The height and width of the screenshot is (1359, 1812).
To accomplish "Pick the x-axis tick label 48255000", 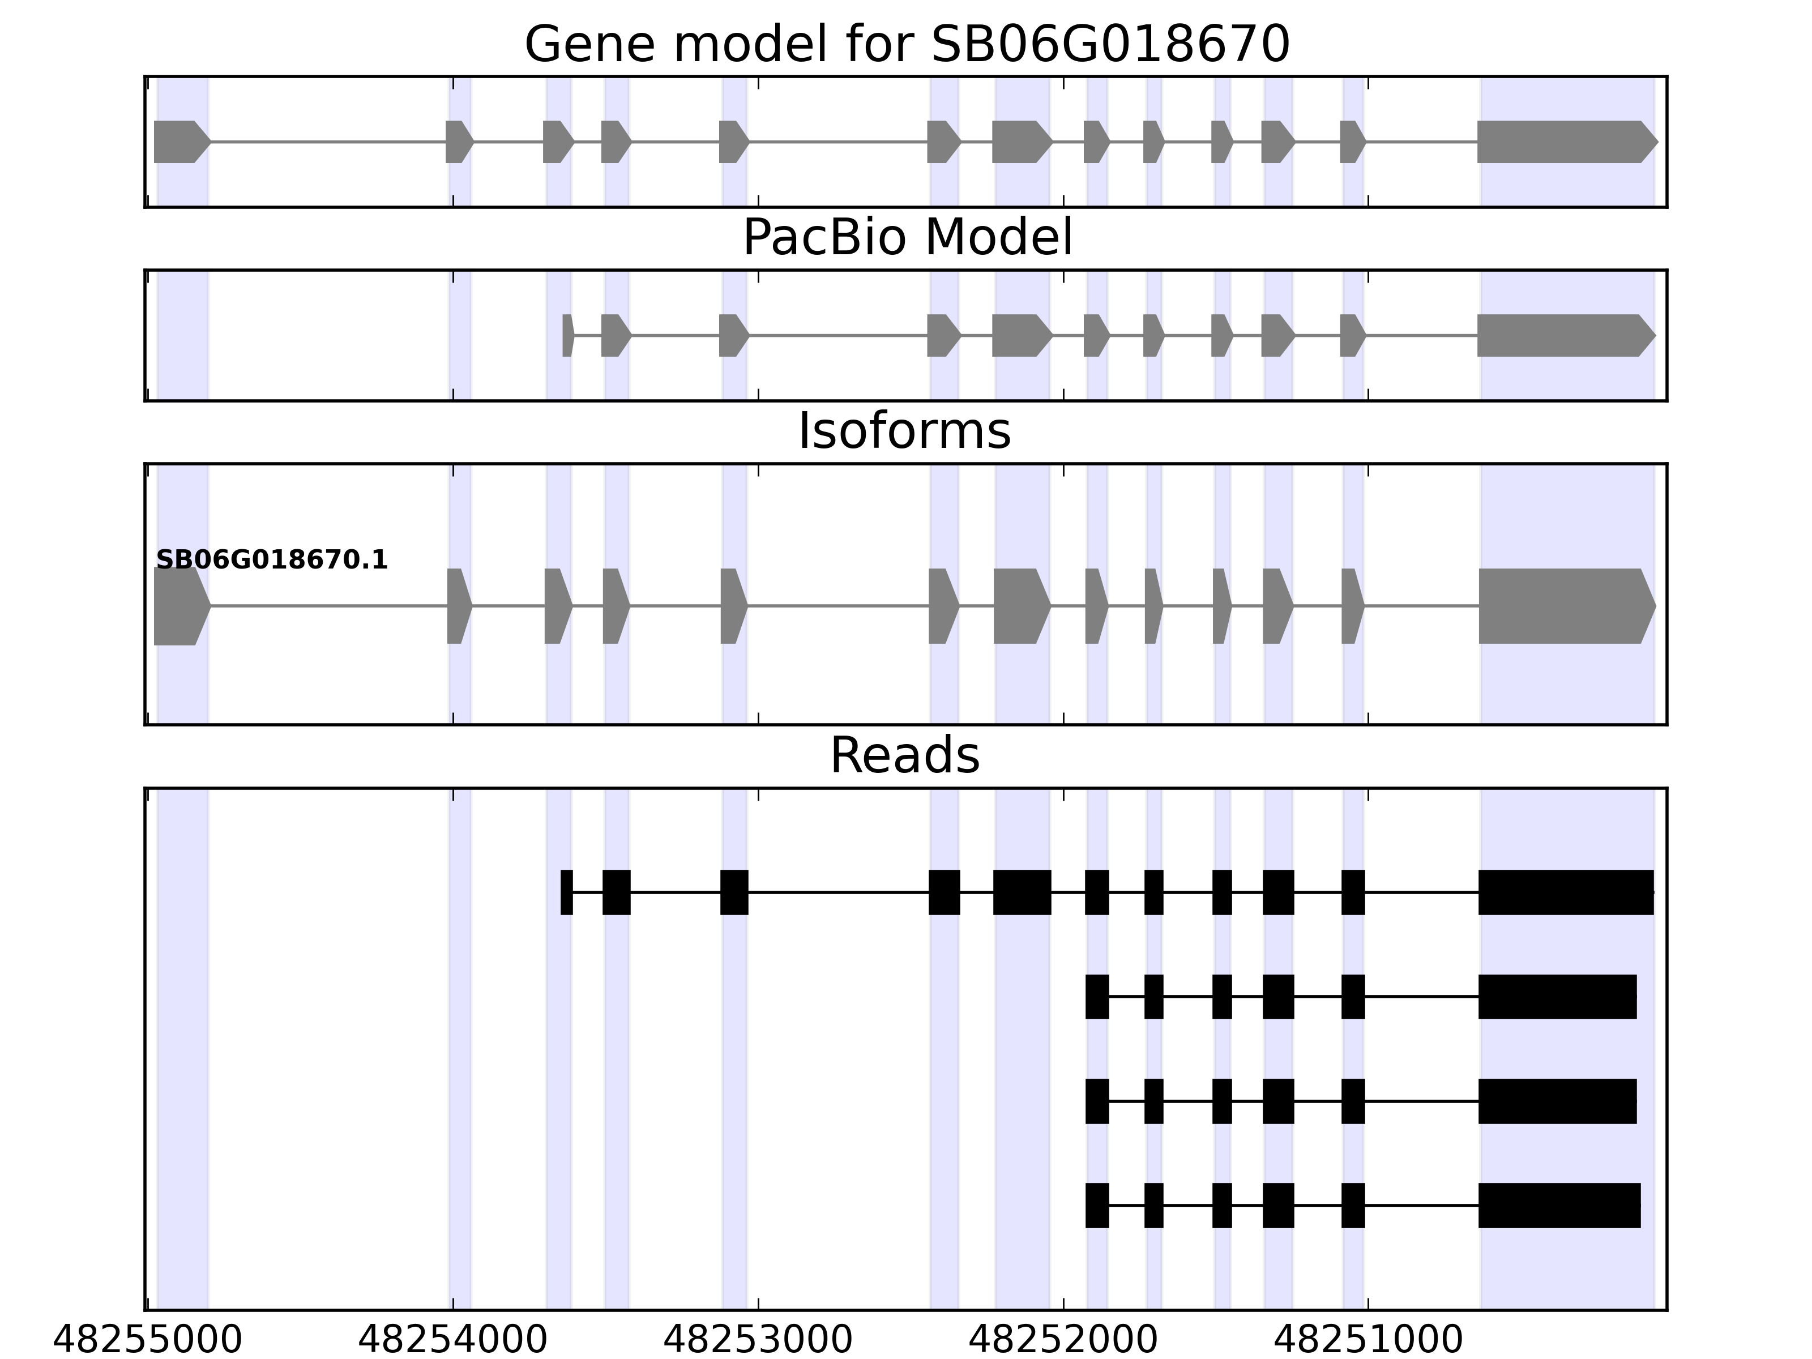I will (x=147, y=1340).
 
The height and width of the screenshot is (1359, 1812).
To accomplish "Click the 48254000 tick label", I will (x=452, y=1340).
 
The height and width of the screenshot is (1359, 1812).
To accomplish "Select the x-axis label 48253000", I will (x=758, y=1340).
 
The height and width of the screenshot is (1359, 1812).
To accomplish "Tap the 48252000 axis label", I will (x=1063, y=1340).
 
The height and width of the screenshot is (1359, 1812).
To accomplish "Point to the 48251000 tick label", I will (x=1368, y=1340).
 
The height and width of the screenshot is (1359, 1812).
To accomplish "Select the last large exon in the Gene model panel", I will (x=1565, y=142).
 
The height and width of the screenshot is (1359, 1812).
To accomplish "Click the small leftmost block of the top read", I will (x=566, y=892).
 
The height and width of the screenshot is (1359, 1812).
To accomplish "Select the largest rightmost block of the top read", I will (x=1566, y=892).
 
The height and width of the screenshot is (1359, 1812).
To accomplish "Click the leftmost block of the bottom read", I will (x=1097, y=1205).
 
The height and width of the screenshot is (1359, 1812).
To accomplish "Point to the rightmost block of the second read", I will (x=1557, y=997).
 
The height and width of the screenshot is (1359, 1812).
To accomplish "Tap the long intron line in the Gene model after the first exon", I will (x=328, y=142).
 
